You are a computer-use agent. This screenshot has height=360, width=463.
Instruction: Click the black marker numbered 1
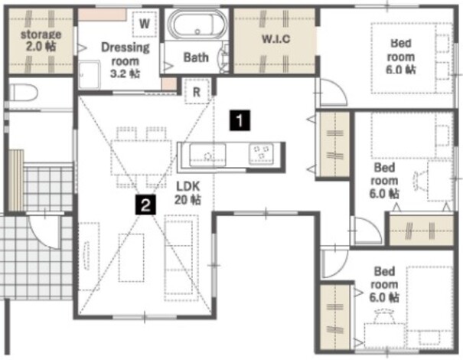[x=240, y=120]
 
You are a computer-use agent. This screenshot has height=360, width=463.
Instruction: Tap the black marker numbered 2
[x=145, y=205]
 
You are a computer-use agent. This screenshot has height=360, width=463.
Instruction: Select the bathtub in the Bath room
[x=197, y=25]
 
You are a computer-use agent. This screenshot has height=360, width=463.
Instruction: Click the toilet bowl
[x=23, y=92]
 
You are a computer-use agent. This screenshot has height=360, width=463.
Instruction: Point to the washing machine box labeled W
[x=145, y=24]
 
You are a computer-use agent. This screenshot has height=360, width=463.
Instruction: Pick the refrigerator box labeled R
[x=197, y=91]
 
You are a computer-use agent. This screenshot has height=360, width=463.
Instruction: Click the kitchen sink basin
[x=207, y=155]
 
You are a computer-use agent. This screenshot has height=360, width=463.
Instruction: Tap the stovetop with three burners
[x=261, y=153]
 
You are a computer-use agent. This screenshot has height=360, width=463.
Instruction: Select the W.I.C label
[x=276, y=39]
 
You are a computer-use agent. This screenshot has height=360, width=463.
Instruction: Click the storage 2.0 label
[x=41, y=40]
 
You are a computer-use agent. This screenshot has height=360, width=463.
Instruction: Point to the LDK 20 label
[x=187, y=193]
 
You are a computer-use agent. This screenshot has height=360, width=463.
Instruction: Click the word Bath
[x=196, y=57]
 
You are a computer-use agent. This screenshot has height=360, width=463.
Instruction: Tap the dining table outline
[x=141, y=158]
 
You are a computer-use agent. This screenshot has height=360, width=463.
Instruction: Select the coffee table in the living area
[x=132, y=257]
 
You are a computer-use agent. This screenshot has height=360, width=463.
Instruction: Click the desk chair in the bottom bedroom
[x=384, y=316]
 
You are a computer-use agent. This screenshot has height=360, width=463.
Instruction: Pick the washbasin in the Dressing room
[x=90, y=75]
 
